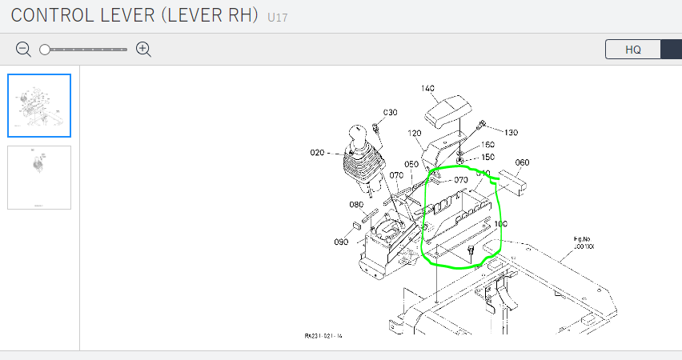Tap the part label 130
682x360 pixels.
511,132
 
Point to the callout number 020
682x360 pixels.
319,152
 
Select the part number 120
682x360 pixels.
414,134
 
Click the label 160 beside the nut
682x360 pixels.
487,145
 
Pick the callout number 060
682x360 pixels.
522,162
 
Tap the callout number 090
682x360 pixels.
341,242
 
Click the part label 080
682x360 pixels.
357,205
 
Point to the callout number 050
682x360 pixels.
411,165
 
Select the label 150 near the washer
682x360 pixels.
487,157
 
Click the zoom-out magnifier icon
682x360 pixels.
23,50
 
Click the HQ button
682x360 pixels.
632,50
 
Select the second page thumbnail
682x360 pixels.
39,178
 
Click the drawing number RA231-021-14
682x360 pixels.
323,336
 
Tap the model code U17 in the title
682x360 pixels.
279,15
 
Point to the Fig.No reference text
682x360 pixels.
583,243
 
